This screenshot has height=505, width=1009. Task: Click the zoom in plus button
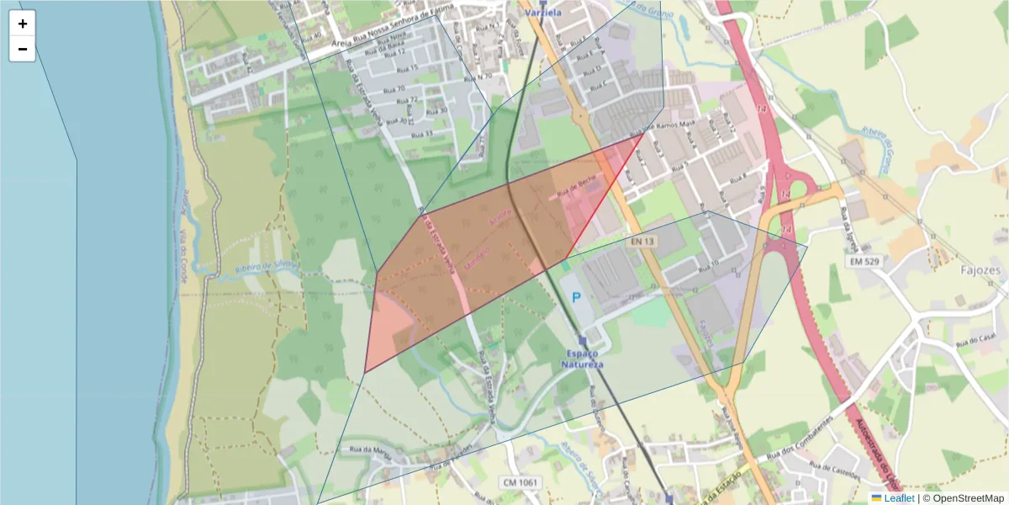pos(23,24)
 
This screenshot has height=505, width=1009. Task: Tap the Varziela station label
pos(541,13)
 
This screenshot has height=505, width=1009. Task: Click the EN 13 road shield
pos(643,242)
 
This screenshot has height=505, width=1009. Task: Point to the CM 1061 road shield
pos(521,482)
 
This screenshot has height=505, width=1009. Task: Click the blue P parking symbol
pos(577,297)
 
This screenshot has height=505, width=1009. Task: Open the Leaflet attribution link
pos(899,498)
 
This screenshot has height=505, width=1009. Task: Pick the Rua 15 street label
pos(407,67)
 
